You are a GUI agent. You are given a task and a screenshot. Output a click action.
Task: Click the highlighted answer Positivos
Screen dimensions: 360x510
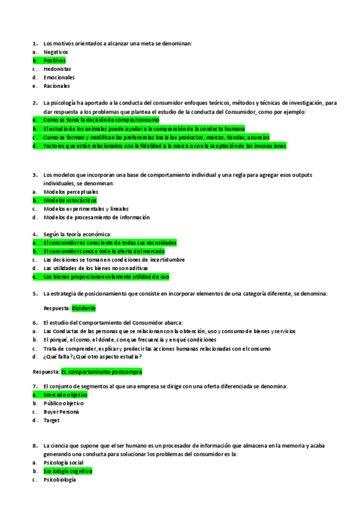coord(55,61)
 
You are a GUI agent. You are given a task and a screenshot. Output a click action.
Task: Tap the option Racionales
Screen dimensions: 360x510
coord(57,86)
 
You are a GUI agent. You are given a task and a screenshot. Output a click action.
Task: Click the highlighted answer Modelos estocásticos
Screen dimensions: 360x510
coord(70,200)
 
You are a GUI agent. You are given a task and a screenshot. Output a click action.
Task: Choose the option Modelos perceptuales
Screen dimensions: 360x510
coord(71,192)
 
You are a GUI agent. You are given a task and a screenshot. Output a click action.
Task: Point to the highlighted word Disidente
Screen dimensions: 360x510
coord(84,308)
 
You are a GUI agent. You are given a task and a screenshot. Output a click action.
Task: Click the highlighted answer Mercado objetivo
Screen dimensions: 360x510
coord(66,395)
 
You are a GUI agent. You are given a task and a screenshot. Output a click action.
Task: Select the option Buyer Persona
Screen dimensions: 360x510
coord(61,412)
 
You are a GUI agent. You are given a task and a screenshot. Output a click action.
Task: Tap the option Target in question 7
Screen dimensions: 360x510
coord(52,420)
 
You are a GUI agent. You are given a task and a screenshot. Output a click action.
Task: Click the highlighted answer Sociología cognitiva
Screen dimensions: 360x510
coord(68,472)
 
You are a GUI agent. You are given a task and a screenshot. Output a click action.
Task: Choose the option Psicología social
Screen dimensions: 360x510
coord(64,462)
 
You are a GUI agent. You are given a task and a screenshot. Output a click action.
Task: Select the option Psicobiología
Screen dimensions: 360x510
coord(60,480)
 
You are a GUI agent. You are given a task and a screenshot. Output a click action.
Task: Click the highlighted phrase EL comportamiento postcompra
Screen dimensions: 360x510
coord(102,372)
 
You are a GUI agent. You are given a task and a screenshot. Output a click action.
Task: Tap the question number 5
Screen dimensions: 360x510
coord(35,293)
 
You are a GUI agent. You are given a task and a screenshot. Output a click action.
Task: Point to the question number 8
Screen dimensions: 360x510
coord(35,446)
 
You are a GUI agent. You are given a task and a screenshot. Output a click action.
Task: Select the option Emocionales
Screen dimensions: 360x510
coord(59,78)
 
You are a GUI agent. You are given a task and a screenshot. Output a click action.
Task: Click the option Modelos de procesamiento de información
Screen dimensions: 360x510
coord(97,217)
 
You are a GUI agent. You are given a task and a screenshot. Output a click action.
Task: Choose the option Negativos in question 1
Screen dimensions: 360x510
coord(56,52)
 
